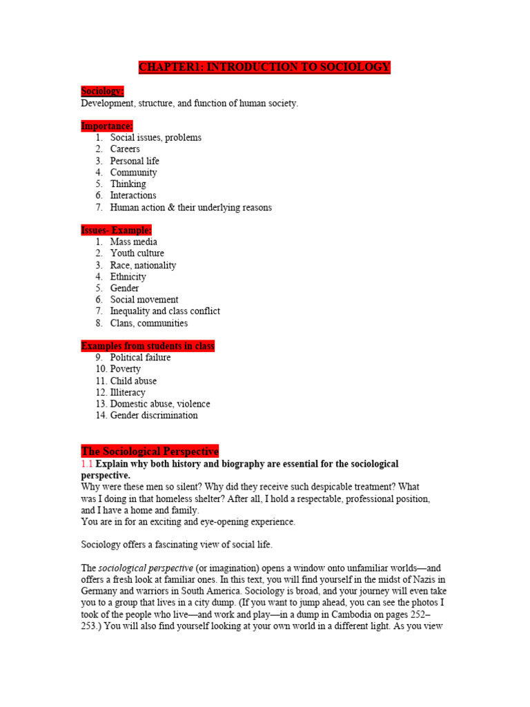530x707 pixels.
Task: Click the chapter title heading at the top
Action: pos(264,67)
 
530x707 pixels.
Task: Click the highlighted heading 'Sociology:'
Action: pos(102,91)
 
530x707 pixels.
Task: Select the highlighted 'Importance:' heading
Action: pos(107,126)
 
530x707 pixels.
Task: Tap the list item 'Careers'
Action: pos(125,149)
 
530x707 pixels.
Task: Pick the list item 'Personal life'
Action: pos(135,161)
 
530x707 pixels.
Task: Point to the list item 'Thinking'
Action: pos(128,184)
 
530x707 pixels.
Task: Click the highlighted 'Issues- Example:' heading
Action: pos(117,230)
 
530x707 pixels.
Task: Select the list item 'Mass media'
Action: pos(134,242)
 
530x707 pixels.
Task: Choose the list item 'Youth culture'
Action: pos(137,253)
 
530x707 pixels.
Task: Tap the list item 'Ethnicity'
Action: pos(128,277)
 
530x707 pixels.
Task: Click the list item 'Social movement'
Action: pos(144,300)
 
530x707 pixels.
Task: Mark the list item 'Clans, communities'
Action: pos(149,323)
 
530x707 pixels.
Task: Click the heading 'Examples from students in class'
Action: pos(148,346)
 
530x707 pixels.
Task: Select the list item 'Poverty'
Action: pos(126,369)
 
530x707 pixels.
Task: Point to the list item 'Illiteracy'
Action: pos(128,392)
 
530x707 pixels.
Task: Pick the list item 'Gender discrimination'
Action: pos(154,416)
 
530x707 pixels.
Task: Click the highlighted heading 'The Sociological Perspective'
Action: pos(150,452)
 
